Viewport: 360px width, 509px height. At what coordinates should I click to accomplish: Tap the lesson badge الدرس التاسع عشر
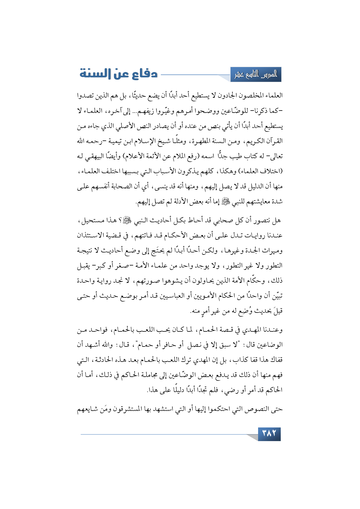pyautogui.click(x=256, y=75)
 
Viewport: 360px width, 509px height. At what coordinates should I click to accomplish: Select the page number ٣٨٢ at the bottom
pyautogui.click(x=269, y=434)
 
